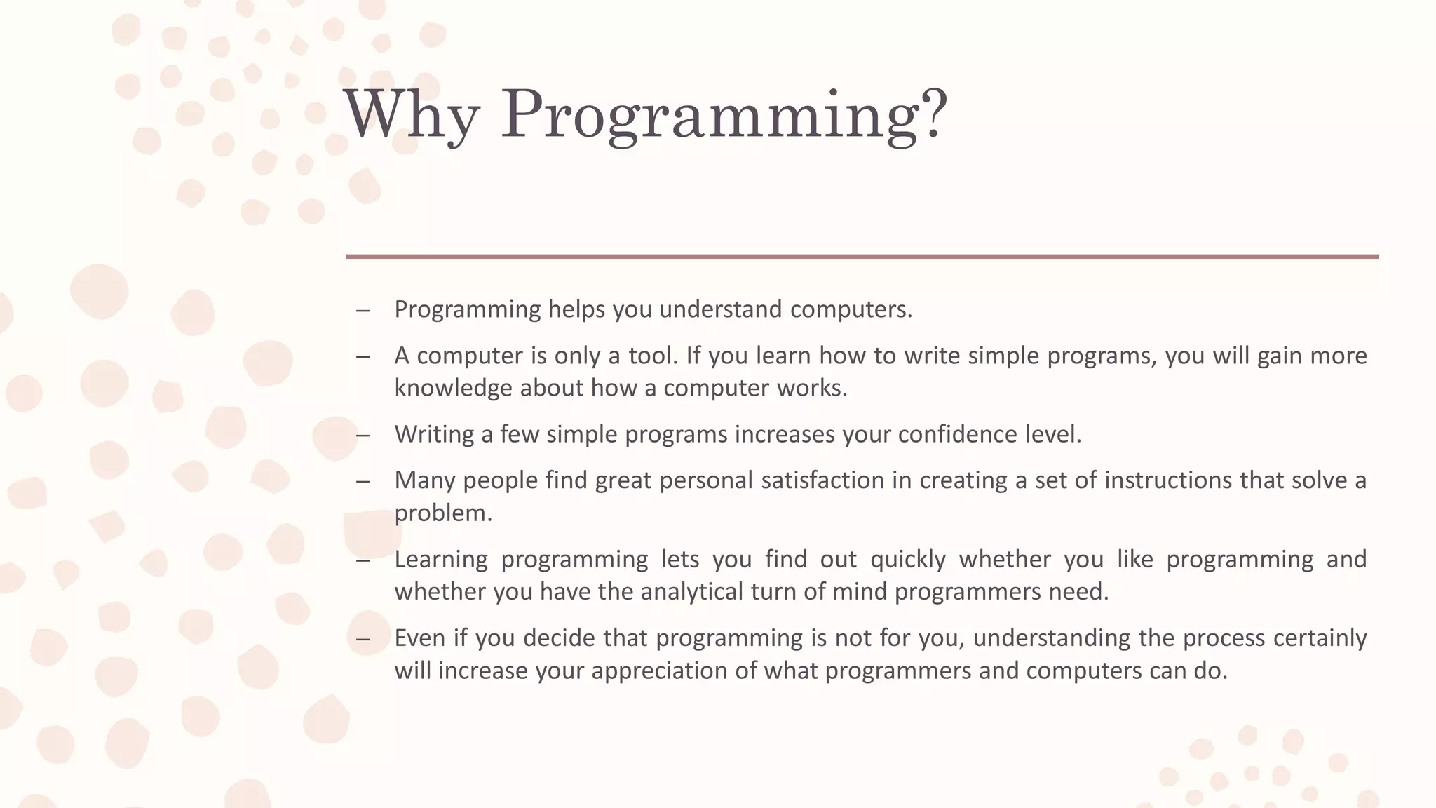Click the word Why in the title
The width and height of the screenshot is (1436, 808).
(412, 114)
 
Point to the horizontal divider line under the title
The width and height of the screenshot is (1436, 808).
(862, 257)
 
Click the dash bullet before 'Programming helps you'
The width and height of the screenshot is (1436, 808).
(363, 311)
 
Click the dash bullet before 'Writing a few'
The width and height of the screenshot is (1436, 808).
(363, 436)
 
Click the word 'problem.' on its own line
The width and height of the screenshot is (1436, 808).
(443, 513)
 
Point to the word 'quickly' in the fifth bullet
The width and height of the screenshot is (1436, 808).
(908, 559)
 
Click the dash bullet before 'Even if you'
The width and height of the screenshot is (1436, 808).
(363, 639)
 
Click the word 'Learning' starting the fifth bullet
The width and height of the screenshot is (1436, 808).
(441, 559)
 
